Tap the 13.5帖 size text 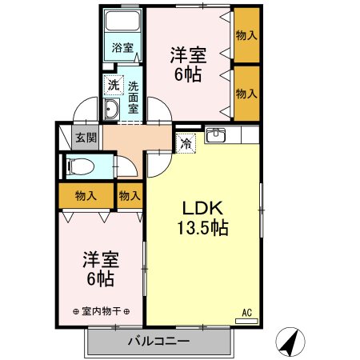click(x=203, y=227)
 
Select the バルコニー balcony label click(x=158, y=342)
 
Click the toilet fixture click(x=81, y=166)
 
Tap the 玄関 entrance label click(x=86, y=137)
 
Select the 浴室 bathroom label click(x=122, y=48)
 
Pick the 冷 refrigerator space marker click(x=186, y=144)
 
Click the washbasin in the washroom click(x=113, y=110)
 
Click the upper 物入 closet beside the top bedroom click(x=246, y=35)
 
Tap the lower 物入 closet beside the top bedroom click(x=246, y=92)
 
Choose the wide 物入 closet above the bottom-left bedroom click(x=86, y=195)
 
